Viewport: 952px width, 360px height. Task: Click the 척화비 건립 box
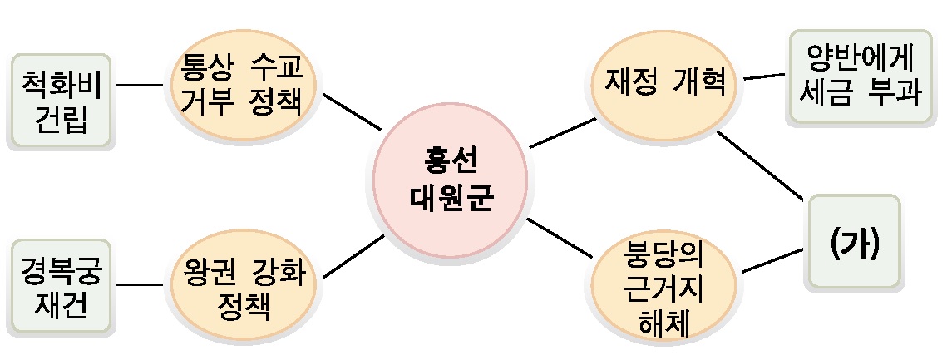[x=61, y=101]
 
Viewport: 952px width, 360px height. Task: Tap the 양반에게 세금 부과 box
[x=860, y=76]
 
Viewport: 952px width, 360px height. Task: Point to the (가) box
[x=855, y=243]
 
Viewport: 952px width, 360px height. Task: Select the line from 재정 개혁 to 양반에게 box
[x=764, y=77]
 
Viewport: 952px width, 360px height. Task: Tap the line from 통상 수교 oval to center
[x=351, y=113]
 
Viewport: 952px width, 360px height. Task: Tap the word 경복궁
[x=63, y=269]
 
